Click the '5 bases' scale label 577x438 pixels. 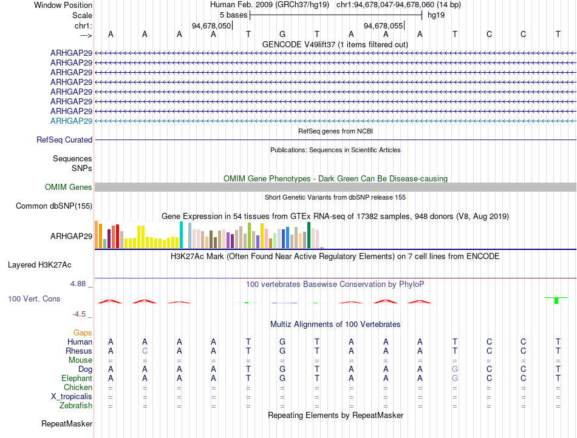coord(233,15)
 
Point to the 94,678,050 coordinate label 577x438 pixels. coord(211,25)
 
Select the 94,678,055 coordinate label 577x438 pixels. coord(383,25)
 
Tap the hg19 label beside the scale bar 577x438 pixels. coord(436,15)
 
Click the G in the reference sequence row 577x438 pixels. coord(282,34)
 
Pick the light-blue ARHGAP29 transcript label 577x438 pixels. coord(72,121)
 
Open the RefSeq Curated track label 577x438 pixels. coord(64,140)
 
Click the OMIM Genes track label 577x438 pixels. coord(69,187)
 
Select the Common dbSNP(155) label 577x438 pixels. coord(54,206)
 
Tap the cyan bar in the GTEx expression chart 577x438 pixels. coord(181,235)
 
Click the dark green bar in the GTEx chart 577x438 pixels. coord(309,235)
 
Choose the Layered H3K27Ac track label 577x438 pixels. coord(39,265)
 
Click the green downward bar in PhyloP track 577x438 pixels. coord(556,300)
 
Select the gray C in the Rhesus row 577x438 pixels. coord(145,351)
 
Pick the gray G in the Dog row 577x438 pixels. coord(455,369)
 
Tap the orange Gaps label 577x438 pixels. coord(83,332)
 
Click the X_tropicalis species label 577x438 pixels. coord(72,397)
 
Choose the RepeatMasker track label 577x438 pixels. coord(67,423)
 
